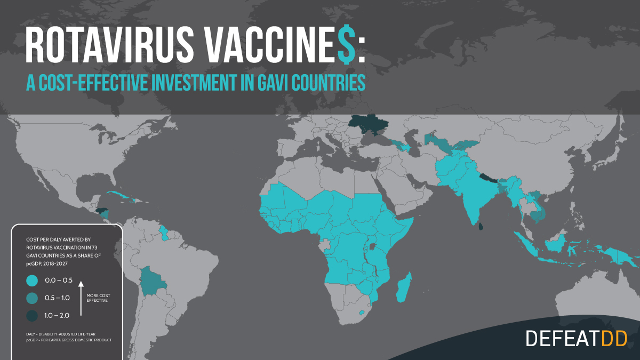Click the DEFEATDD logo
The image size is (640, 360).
click(575, 338)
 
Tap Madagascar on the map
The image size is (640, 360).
click(404, 287)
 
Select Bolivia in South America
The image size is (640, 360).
click(152, 281)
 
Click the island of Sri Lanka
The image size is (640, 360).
click(481, 227)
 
